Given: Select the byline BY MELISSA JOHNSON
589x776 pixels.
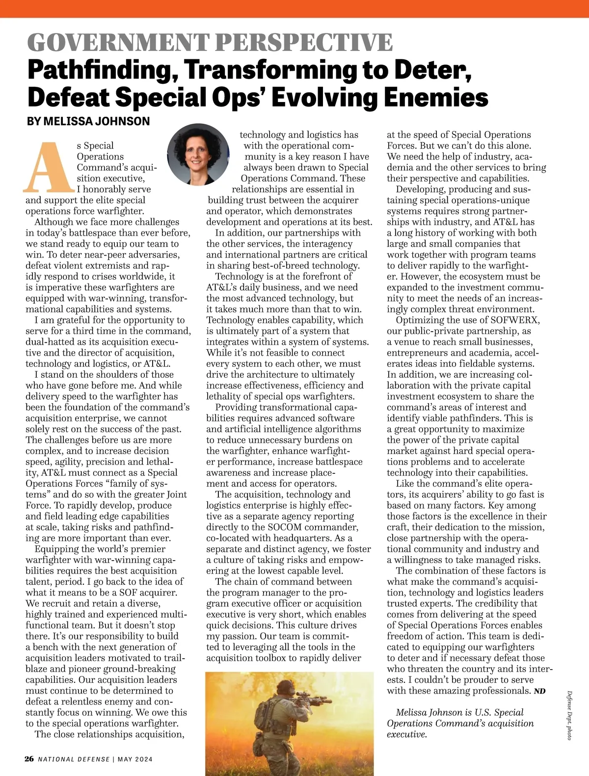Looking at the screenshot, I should [x=88, y=121].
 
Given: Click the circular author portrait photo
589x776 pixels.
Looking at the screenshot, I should [x=198, y=154].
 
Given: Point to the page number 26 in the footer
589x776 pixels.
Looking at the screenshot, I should [x=29, y=759].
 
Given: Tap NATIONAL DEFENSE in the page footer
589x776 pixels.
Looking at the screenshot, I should [x=74, y=759].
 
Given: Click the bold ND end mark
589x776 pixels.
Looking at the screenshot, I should [x=539, y=692].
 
